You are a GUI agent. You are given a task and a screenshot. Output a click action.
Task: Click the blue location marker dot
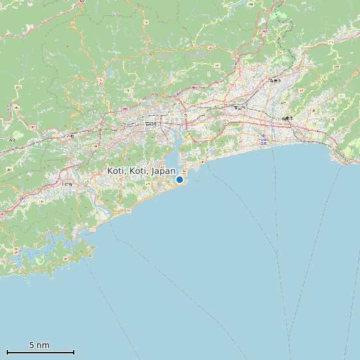(179, 179)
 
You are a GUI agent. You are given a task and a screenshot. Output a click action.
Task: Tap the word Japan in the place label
(163, 171)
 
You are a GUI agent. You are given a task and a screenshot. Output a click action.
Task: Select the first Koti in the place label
(116, 171)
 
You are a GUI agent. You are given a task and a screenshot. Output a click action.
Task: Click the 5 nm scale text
(39, 345)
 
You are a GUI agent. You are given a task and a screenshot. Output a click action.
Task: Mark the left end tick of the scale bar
(7, 352)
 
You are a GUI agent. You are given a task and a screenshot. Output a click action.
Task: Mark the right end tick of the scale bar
(74, 352)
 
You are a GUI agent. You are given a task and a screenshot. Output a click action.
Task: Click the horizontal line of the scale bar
(40, 352)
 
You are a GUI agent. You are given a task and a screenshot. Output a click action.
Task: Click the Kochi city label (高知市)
(151, 124)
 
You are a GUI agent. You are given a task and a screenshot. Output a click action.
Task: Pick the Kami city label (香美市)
(274, 80)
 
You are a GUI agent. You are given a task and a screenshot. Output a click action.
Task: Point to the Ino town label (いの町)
(68, 136)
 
